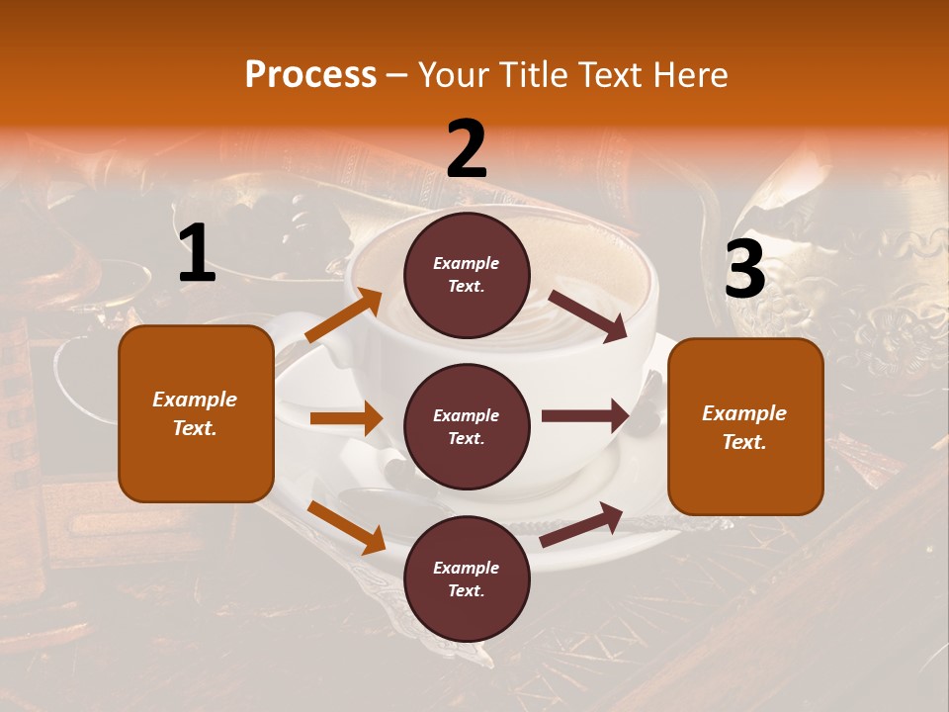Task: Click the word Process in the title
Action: (x=310, y=75)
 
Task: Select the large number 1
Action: (x=197, y=254)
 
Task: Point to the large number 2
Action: (x=467, y=149)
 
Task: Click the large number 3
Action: (x=744, y=270)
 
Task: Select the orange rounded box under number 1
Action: (x=196, y=413)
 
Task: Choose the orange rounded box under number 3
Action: (x=745, y=426)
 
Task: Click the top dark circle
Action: (x=467, y=275)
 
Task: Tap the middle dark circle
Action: (x=467, y=426)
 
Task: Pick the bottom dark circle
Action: (x=467, y=578)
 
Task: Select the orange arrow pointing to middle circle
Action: (x=346, y=418)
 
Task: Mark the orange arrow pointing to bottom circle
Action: (x=346, y=527)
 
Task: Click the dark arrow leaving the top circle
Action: (x=588, y=315)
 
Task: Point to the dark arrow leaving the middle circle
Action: (x=585, y=415)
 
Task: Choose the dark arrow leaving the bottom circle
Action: (x=581, y=525)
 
